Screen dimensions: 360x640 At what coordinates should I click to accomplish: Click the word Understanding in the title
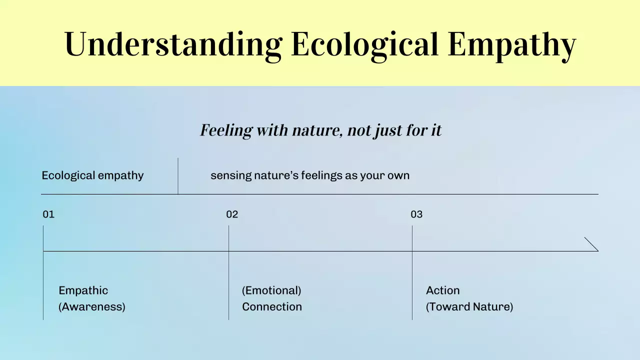173,44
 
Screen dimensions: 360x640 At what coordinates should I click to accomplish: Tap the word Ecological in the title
364,44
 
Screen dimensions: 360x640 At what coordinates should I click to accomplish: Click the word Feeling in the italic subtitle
226,130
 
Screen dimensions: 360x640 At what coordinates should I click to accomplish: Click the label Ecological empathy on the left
92,175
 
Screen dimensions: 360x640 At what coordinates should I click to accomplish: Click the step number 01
48,214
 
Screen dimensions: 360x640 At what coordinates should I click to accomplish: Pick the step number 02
232,214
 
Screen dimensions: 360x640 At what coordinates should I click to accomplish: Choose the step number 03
416,214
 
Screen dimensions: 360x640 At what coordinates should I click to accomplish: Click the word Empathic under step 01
83,290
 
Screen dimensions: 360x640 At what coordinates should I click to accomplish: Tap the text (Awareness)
92,306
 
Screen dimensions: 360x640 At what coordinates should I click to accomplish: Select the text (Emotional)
271,290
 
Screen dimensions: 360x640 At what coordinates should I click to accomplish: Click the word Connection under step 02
272,306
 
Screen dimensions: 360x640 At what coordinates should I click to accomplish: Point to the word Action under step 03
442,290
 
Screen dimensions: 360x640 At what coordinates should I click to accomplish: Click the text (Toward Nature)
469,306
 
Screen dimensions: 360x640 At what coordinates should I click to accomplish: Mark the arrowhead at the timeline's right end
592,244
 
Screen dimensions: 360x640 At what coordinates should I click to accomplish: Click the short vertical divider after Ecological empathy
178,175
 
